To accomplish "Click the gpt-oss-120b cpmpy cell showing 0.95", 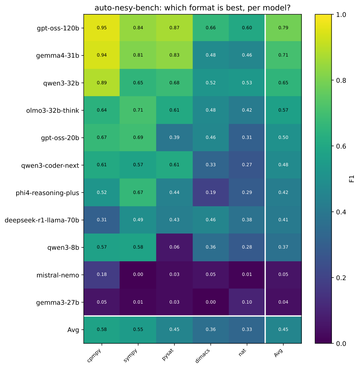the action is [x=102, y=28].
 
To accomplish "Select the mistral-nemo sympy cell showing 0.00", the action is [x=138, y=275].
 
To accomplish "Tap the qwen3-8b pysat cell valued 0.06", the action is [x=174, y=247].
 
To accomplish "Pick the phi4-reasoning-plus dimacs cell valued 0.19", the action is [x=211, y=192].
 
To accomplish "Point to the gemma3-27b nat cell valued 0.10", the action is [x=247, y=302].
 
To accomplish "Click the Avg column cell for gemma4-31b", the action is [x=283, y=55].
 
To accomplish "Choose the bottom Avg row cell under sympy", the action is [x=138, y=329].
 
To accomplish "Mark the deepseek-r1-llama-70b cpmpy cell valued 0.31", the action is [x=102, y=220].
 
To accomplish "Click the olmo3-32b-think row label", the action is [x=52, y=110].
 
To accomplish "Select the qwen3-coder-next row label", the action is [x=50, y=165].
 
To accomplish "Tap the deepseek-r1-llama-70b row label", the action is [x=42, y=220].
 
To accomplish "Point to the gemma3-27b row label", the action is [x=58, y=302].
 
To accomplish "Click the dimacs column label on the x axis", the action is [x=203, y=356].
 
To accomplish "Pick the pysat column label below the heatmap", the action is [x=167, y=355].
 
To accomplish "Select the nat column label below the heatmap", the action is [x=242, y=352].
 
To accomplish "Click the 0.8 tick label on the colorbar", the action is [x=341, y=80].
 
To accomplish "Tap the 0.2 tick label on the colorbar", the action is [x=341, y=278].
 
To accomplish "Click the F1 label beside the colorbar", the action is [x=352, y=179].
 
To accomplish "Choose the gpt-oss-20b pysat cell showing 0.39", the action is [x=174, y=137].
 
